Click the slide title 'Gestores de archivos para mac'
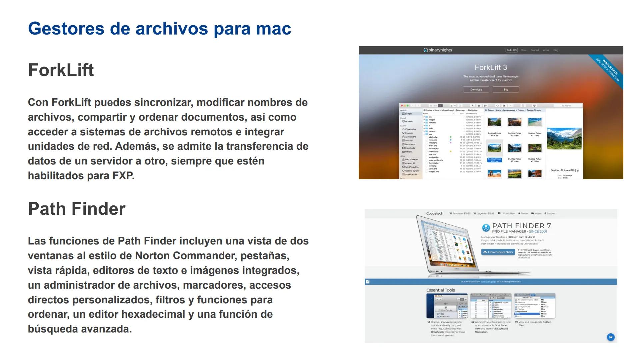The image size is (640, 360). pos(159,29)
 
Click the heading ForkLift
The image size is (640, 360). pos(61,70)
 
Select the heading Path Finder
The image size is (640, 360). pos(77,209)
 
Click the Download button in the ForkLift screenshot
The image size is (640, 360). pos(476,90)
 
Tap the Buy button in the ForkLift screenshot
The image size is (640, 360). pos(505,90)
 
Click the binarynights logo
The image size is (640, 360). pos(438,50)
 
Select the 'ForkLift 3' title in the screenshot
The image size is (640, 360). pos(491,68)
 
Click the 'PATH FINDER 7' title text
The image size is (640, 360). pos(521,226)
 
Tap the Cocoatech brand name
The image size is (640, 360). pos(435,214)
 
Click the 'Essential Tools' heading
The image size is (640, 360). pos(440,290)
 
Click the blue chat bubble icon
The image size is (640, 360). pos(611,337)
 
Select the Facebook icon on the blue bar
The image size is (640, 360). pos(367,282)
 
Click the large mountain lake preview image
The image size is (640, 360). pos(564,138)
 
